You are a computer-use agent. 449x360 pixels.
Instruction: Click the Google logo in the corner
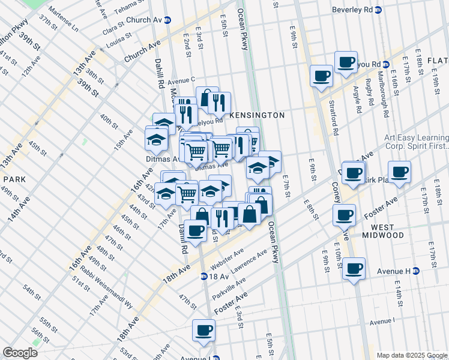coord(20,353)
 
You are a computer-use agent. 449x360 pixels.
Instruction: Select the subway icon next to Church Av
coord(168,19)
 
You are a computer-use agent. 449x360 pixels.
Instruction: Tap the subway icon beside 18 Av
coord(205,277)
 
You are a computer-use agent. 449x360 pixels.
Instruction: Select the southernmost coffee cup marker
coord(203,329)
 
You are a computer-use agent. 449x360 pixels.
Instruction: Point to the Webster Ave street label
coord(228,259)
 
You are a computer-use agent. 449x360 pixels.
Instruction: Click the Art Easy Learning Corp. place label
coord(416,142)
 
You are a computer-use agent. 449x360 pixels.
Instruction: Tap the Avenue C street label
coord(181,80)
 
